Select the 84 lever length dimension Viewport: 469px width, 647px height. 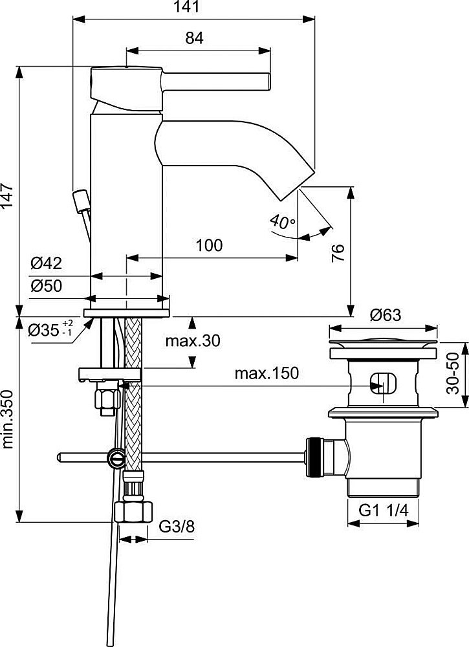[x=194, y=38]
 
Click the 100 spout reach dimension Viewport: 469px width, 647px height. [x=209, y=245]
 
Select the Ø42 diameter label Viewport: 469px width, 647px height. [x=47, y=263]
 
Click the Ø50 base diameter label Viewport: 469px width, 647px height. [x=47, y=285]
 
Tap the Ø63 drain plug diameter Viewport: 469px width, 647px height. [x=385, y=315]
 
